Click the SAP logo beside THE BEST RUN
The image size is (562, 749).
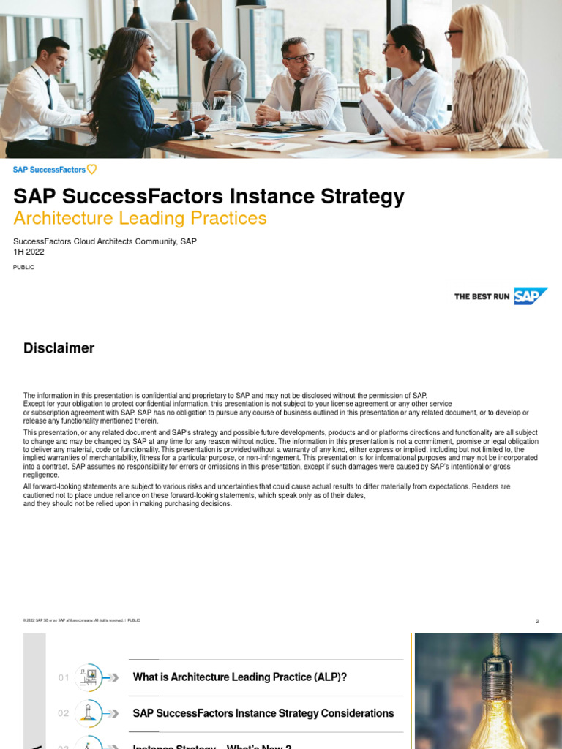coord(530,296)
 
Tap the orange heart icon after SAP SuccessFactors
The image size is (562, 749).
coord(91,169)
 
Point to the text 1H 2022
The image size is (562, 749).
coord(29,251)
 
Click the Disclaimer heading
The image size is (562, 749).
coord(59,348)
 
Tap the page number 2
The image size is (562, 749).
coord(537,621)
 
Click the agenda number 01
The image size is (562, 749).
coord(64,677)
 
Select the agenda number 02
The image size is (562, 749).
coord(64,713)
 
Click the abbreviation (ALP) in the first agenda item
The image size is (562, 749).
coord(327,677)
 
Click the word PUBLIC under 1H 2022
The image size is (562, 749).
coord(23,267)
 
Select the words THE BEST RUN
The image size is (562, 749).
coord(482,296)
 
